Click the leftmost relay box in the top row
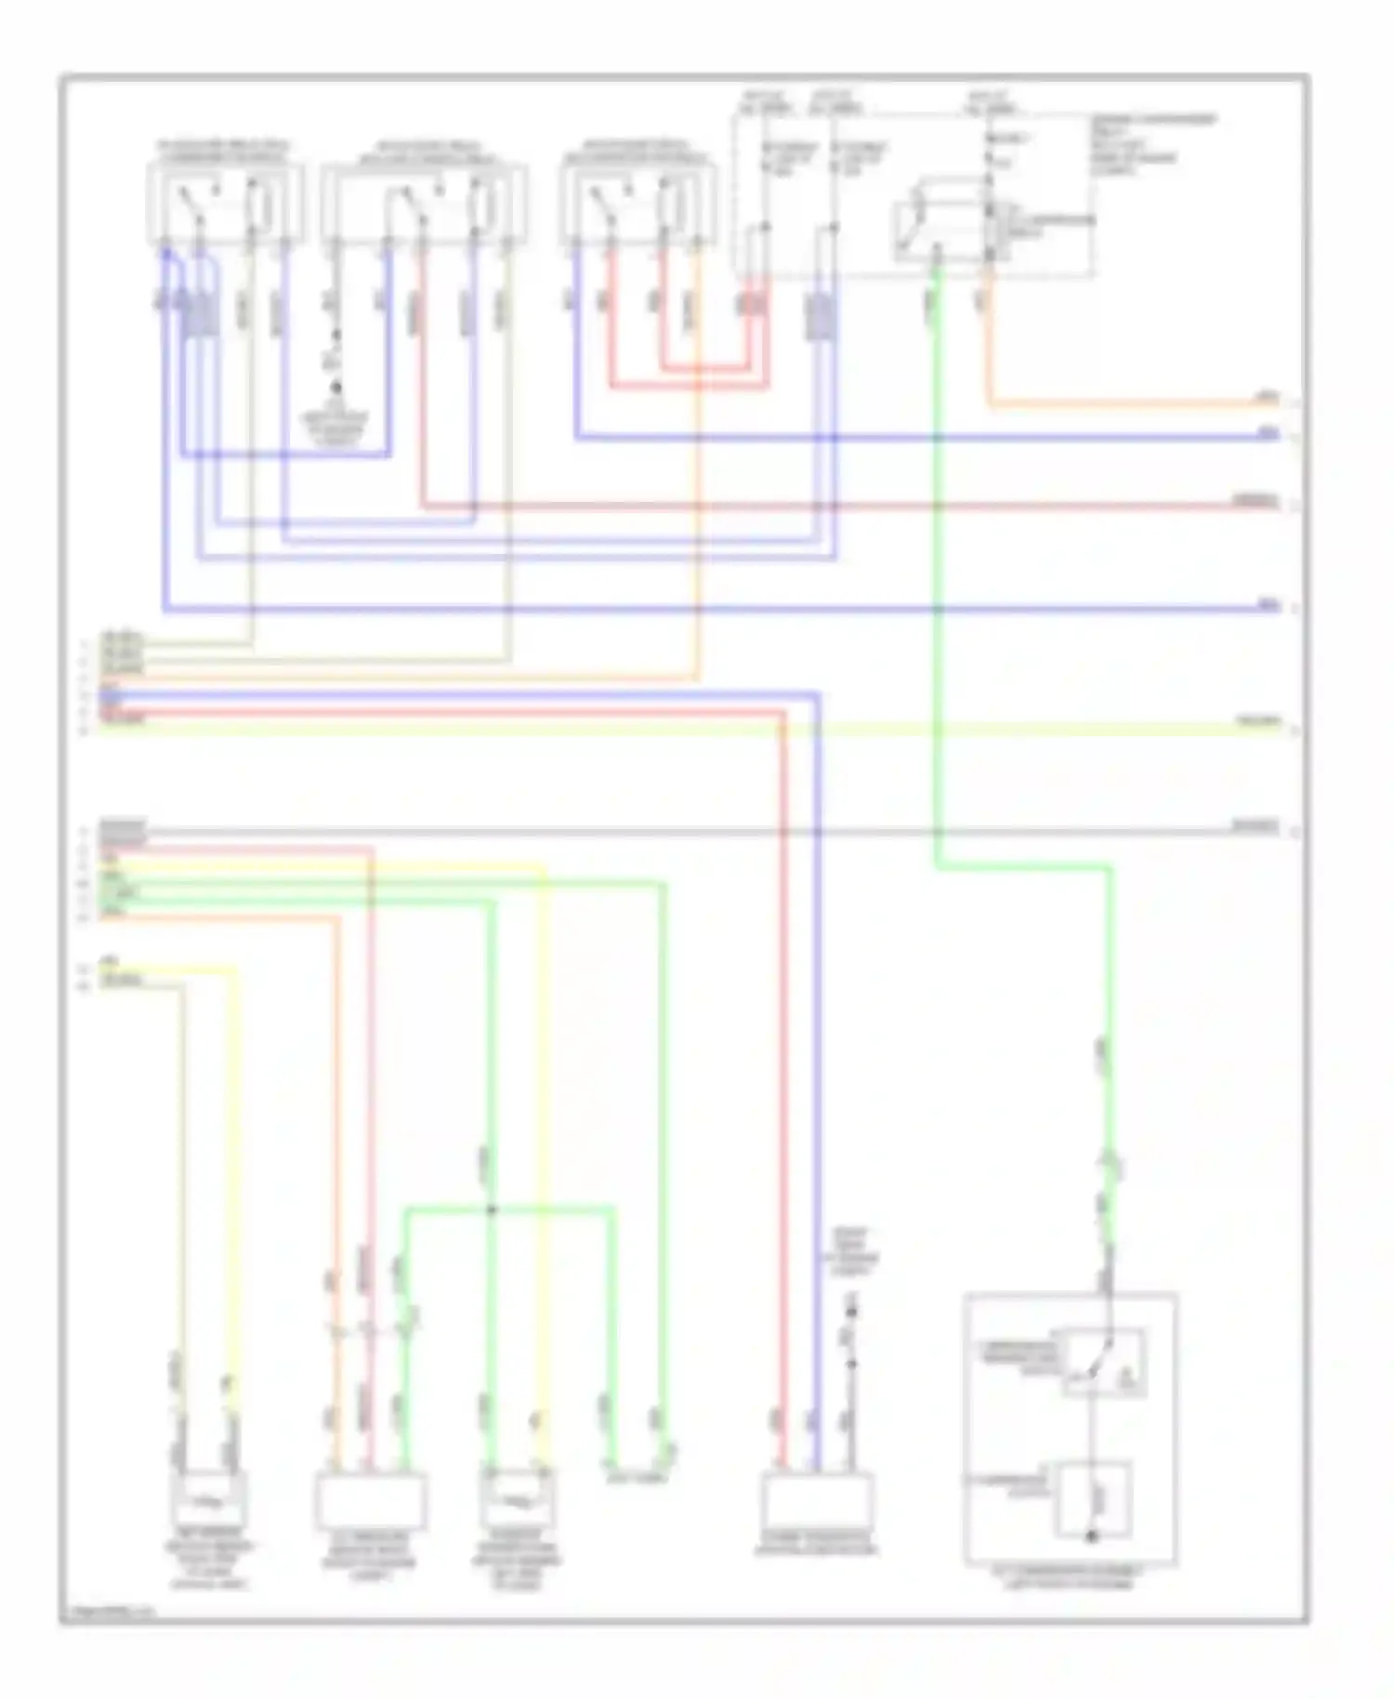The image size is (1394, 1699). (226, 204)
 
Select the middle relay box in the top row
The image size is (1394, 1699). (424, 205)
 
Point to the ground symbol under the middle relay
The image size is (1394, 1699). (336, 389)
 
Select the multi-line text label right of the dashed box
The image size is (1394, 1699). (1152, 145)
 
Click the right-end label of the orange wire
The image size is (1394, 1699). (1268, 398)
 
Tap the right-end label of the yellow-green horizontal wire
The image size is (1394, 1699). (1258, 722)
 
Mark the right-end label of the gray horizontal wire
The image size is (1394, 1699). (1256, 826)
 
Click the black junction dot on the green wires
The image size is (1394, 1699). (492, 1210)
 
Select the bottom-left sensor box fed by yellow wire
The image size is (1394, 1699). (209, 1498)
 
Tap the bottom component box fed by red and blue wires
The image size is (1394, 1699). (816, 1499)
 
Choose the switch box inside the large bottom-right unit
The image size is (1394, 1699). (1104, 1363)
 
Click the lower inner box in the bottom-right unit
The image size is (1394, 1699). (1093, 1499)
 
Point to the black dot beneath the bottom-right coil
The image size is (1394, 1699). (1092, 1536)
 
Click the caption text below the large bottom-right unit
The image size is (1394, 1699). (1071, 1577)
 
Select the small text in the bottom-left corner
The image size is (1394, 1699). (102, 1613)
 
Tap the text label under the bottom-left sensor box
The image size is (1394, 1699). (209, 1558)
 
